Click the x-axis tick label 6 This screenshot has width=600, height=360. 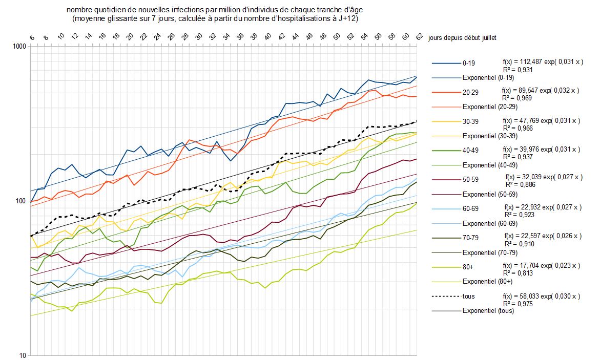click(31, 37)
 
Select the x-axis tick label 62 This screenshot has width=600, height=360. click(419, 37)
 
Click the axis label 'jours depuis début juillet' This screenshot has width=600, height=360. click(462, 37)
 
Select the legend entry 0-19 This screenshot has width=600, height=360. click(468, 64)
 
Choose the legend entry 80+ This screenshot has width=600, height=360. click(468, 267)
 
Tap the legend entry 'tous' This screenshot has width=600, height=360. click(469, 296)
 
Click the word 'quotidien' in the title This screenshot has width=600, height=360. click(108, 11)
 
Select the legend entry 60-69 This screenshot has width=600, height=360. click(470, 209)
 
